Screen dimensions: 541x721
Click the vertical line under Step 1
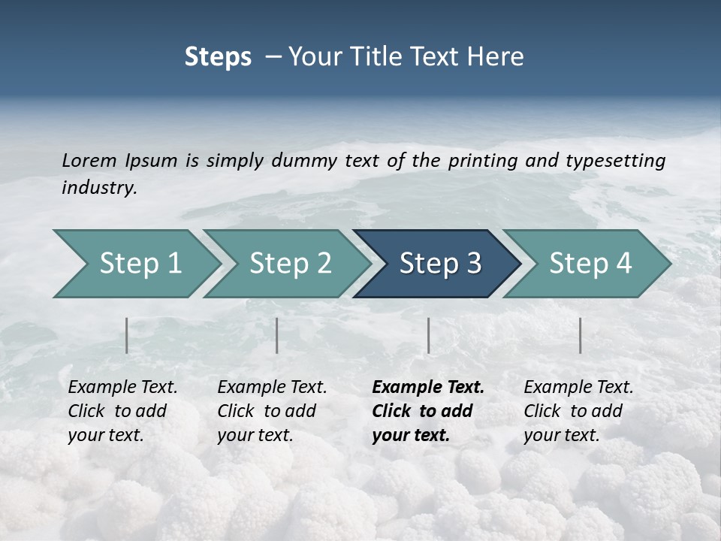point(127,335)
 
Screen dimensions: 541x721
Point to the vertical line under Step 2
point(277,335)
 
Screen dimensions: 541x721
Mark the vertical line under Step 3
point(428,335)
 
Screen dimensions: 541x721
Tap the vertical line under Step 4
point(581,335)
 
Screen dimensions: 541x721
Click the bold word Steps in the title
point(218,57)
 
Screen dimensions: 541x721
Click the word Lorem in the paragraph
point(89,161)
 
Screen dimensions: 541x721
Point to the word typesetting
point(615,161)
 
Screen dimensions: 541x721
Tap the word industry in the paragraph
point(99,188)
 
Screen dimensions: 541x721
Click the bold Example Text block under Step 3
point(427,411)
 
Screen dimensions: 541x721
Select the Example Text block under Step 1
point(122,411)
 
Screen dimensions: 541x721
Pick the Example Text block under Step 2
point(272,411)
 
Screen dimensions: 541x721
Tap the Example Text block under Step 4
point(578,411)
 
